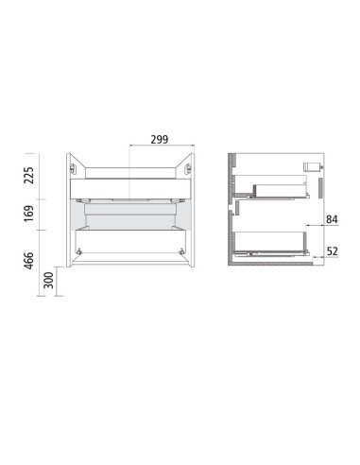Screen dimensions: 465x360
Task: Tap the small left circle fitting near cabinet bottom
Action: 80,251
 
